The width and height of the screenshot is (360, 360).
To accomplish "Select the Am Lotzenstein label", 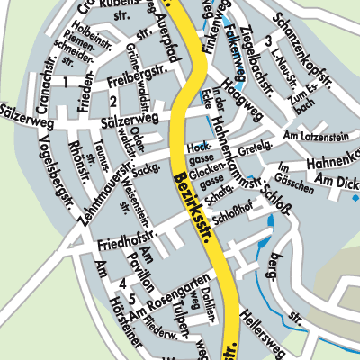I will [315, 135].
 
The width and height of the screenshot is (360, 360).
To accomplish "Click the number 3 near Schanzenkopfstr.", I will [268, 41].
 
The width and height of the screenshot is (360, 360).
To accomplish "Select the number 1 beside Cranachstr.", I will [64, 83].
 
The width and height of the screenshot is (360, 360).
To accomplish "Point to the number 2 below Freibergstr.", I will [112, 101].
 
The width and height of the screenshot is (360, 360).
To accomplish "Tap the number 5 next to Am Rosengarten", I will [132, 298].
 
